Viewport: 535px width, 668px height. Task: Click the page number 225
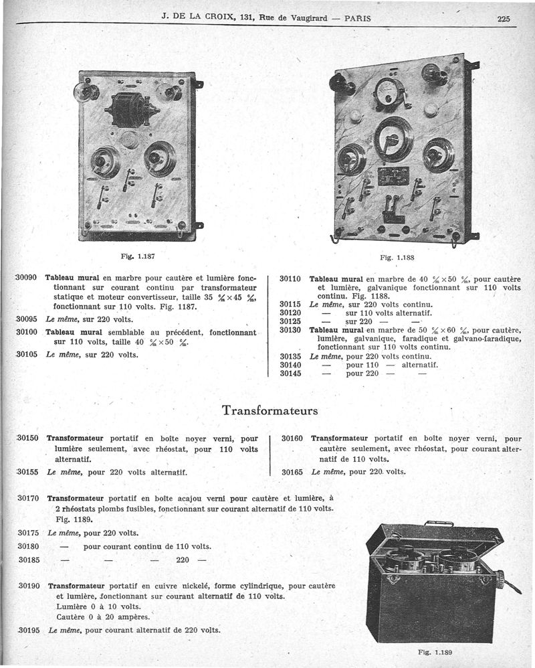504,19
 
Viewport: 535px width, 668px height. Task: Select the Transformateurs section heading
270,409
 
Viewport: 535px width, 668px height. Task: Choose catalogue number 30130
291,329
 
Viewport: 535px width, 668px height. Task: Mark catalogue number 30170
29,498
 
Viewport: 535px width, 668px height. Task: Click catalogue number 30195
29,630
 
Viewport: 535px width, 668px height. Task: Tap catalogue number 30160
292,438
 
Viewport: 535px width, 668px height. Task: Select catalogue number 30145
291,373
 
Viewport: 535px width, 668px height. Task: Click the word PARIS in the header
358,19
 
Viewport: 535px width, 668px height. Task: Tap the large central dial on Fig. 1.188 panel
394,139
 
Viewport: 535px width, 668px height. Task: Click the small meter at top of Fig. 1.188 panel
387,91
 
